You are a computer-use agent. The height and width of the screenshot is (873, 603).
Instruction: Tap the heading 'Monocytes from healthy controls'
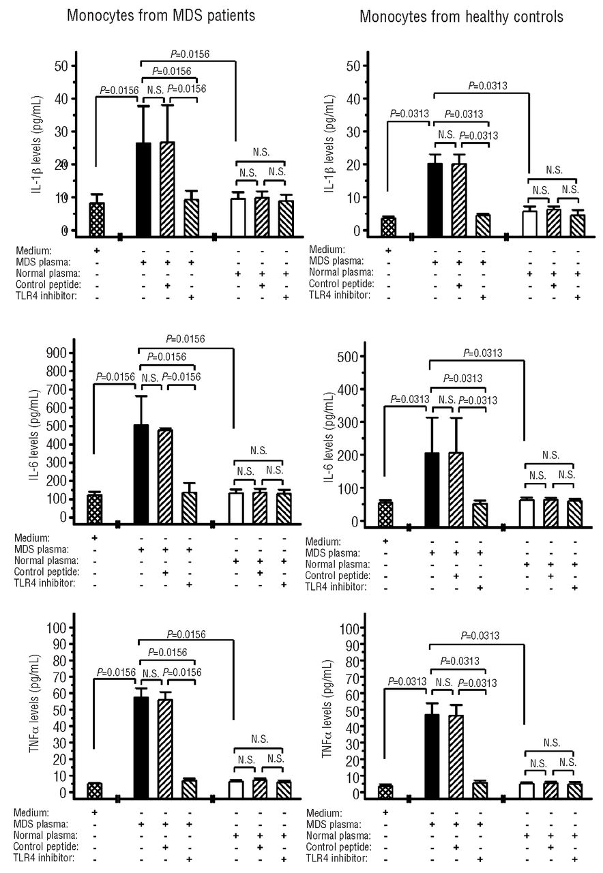coord(461,16)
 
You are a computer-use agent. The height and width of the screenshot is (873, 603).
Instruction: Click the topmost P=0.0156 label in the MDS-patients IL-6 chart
coord(186,338)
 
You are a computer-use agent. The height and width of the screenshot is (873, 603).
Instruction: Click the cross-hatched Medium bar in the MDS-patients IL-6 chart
coord(94,506)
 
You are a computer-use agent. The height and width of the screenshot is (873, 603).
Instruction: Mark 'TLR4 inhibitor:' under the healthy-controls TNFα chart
coord(338,858)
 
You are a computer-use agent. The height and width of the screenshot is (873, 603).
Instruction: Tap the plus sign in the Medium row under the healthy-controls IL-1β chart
coord(387,250)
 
